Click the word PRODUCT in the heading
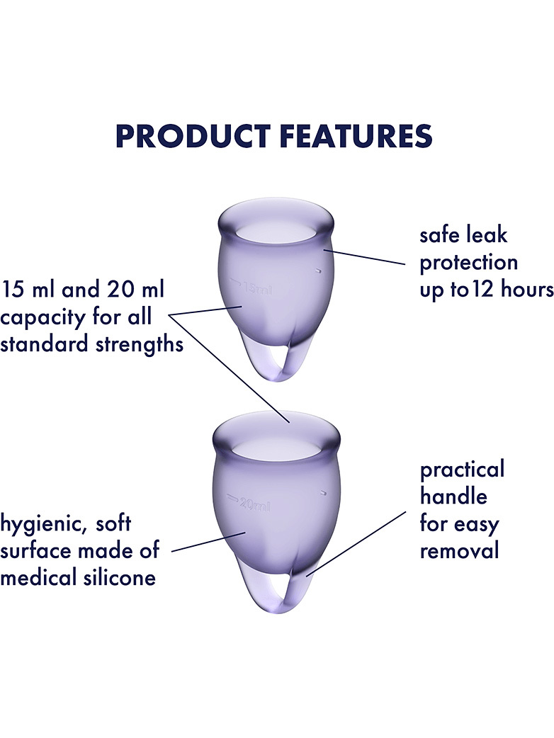tap(193, 136)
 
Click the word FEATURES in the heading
tap(356, 136)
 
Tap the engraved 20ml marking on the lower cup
tap(248, 503)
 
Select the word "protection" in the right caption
tap(468, 263)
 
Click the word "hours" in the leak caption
tap(527, 288)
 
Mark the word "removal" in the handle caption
tap(459, 550)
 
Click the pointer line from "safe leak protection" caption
tap(364, 258)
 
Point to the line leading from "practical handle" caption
tap(356, 544)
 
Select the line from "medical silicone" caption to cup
tap(209, 542)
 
